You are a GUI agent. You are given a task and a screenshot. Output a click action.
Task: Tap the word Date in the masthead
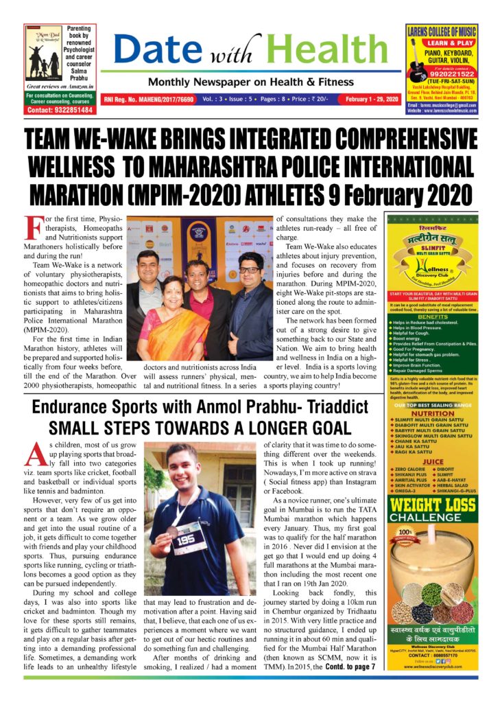point(154,49)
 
